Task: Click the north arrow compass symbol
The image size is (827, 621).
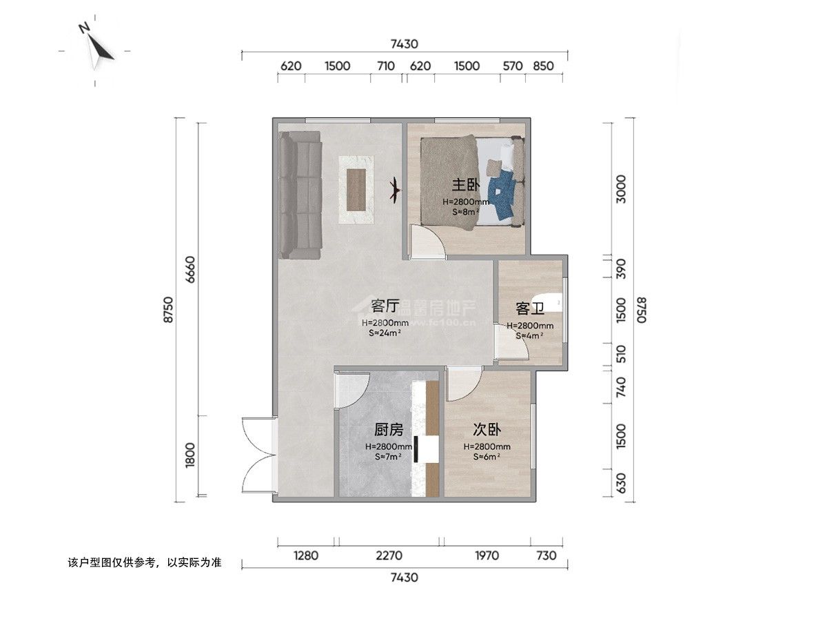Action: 96,48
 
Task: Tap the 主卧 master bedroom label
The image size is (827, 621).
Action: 466,185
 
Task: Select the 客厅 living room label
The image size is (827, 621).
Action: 385,306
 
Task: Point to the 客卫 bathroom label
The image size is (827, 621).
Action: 530,309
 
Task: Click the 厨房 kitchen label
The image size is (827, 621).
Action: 389,429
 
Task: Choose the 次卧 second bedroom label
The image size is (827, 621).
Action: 487,429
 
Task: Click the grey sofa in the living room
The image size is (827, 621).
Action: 300,195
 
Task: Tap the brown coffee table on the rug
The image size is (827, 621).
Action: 356,190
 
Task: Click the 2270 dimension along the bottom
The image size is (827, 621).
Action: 389,555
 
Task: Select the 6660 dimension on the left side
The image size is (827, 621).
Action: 191,269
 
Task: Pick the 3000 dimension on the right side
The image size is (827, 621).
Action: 620,189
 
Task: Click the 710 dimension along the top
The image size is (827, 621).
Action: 386,66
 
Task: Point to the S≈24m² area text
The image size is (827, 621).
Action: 385,333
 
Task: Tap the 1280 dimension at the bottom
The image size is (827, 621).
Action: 306,555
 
